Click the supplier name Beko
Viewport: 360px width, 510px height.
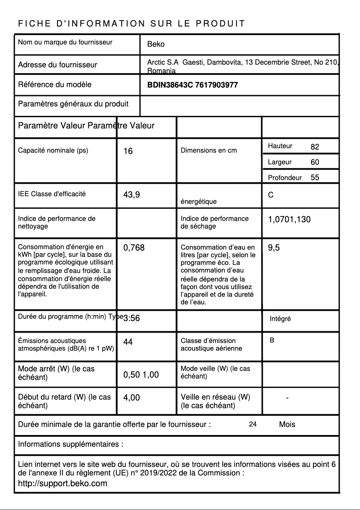click(x=156, y=44)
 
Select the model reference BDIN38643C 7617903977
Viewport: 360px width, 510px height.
click(x=193, y=85)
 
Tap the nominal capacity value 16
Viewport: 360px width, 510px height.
click(x=128, y=151)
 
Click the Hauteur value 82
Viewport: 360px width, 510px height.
click(x=315, y=147)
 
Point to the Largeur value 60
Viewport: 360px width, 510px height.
click(x=315, y=162)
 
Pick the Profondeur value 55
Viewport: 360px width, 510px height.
click(x=315, y=177)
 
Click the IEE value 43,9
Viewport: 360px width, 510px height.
click(x=132, y=195)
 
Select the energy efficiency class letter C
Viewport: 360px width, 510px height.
click(x=271, y=195)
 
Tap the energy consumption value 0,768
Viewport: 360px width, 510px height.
click(x=134, y=247)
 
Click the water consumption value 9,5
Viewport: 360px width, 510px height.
click(x=274, y=247)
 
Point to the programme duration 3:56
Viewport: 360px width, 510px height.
click(x=132, y=318)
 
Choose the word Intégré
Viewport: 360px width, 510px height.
click(x=280, y=319)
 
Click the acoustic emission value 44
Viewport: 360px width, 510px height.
click(x=128, y=342)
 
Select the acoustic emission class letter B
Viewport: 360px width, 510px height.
click(x=272, y=340)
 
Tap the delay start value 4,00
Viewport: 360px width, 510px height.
click(x=132, y=397)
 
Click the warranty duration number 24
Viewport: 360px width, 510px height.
click(x=253, y=424)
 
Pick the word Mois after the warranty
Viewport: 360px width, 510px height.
click(x=287, y=424)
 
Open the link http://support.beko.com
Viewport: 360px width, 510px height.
click(x=62, y=484)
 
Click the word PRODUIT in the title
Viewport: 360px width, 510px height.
click(x=220, y=23)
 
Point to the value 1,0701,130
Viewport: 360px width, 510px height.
click(x=289, y=220)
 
